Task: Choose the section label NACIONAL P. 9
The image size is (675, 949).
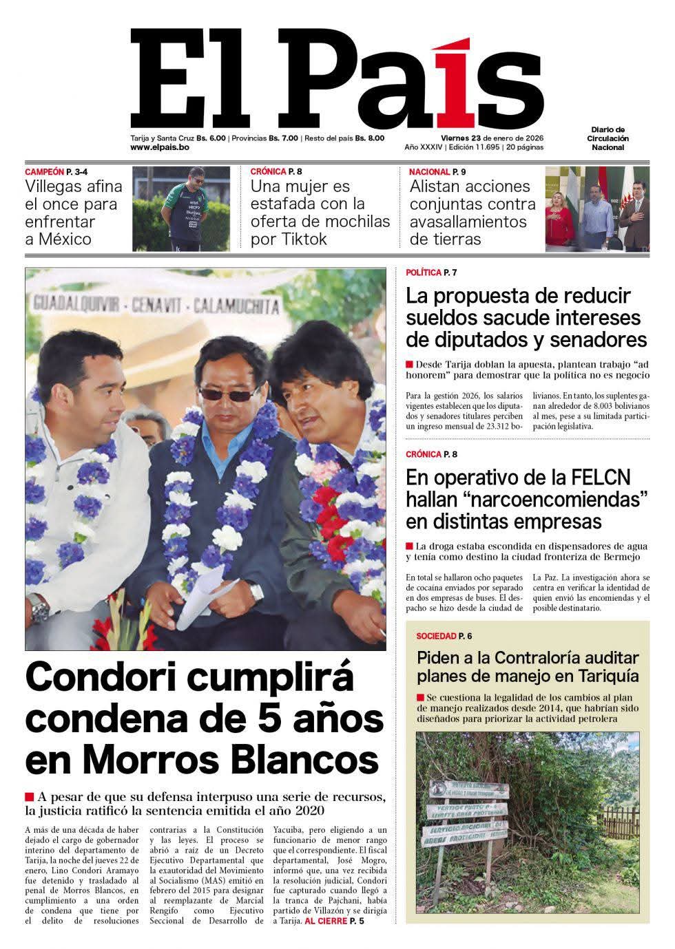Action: pos(437,171)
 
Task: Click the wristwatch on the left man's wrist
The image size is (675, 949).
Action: pos(39,607)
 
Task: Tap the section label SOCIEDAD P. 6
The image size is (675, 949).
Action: pos(444,636)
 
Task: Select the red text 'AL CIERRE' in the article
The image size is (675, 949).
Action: pos(325,921)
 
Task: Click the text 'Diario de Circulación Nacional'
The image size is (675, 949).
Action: pos(608,138)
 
